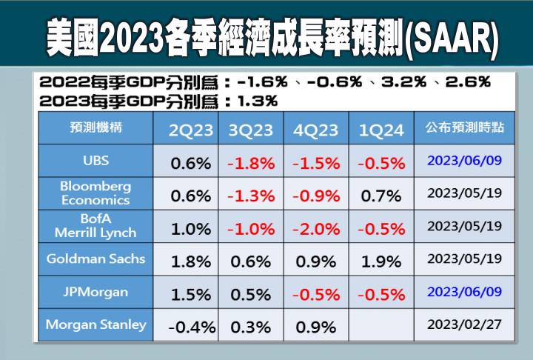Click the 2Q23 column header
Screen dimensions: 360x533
point(191,130)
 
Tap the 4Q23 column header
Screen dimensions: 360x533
point(316,130)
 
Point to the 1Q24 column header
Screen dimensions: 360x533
point(381,130)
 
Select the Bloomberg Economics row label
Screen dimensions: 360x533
point(95,193)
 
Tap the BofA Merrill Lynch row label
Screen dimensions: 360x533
point(95,225)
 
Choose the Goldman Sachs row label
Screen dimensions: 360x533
point(95,259)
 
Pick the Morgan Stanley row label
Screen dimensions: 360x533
point(95,324)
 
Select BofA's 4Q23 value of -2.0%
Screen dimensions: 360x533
point(316,228)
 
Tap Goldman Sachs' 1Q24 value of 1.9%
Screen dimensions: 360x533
point(381,261)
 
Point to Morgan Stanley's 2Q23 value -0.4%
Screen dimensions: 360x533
point(191,327)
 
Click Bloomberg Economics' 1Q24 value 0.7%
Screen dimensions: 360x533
point(381,196)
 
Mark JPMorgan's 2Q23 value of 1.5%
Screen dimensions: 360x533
point(191,294)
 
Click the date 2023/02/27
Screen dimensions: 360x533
point(465,324)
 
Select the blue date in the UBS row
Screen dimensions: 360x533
point(465,161)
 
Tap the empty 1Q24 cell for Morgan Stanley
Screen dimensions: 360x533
point(381,325)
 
